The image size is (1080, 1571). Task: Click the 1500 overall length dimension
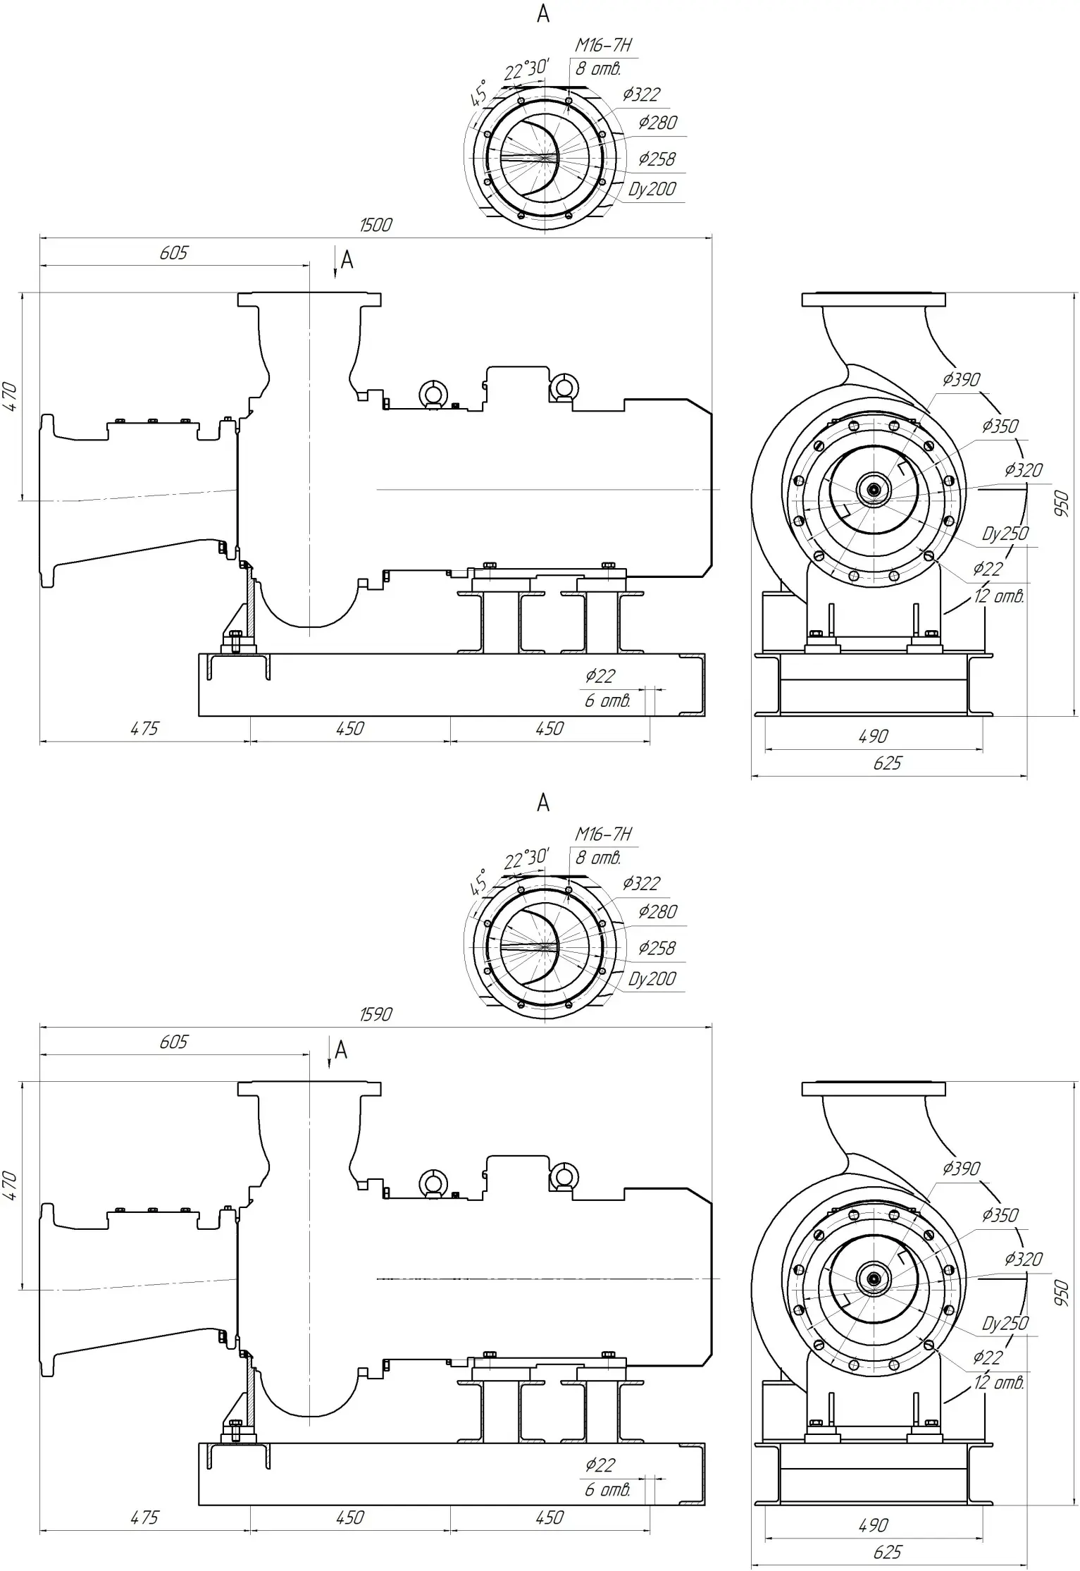(375, 225)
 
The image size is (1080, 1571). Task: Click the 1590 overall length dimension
(375, 1014)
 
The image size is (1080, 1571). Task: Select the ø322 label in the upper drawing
(641, 94)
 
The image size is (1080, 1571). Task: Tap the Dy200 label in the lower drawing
(652, 978)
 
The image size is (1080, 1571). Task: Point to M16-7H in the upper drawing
(603, 45)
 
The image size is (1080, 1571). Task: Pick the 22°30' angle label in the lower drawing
(526, 859)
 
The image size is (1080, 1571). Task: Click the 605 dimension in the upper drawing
(173, 253)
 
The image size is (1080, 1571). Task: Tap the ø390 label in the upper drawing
(961, 380)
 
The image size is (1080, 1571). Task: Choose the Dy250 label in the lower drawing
(1005, 1323)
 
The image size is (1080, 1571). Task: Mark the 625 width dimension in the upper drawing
(887, 763)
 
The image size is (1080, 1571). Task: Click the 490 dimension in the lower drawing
(873, 1525)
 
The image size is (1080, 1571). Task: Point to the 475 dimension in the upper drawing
(144, 729)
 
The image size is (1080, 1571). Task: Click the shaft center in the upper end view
(874, 489)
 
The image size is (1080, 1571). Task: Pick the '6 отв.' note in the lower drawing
(607, 1489)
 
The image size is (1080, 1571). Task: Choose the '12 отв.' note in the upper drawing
(999, 596)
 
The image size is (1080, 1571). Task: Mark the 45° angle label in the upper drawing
(479, 94)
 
